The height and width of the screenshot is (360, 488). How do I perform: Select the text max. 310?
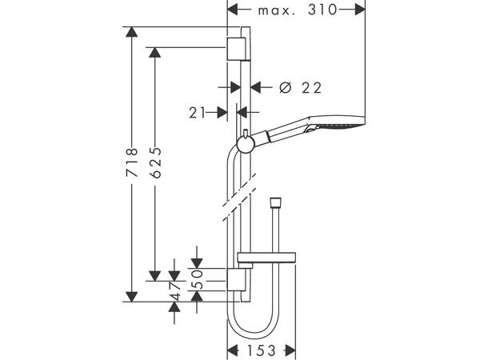point(297,10)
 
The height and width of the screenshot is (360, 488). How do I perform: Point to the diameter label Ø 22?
point(294,87)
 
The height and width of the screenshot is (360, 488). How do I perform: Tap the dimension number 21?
point(198,114)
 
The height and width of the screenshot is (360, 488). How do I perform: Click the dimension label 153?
point(262,350)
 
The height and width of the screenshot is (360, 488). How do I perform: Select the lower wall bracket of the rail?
point(235,281)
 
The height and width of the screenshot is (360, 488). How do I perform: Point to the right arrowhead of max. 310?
point(361,10)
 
